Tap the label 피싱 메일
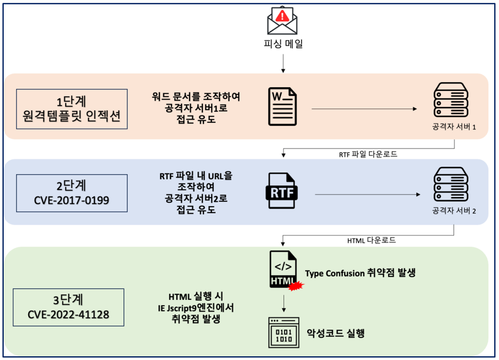(x=282, y=44)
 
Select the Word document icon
(x=283, y=107)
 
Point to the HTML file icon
(x=283, y=269)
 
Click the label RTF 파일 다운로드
(x=369, y=154)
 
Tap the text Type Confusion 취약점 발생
(x=360, y=273)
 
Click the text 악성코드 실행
(x=336, y=333)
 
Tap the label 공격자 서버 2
(x=454, y=210)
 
